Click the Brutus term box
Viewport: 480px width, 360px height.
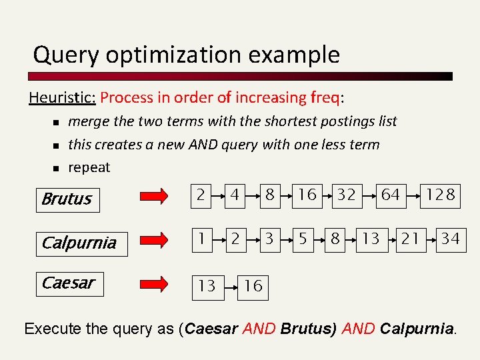pos(67,199)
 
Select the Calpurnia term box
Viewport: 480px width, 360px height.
pos(79,243)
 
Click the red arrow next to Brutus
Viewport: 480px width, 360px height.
pos(158,196)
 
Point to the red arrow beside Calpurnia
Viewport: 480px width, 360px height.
pos(158,239)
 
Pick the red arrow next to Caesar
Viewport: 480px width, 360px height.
pos(158,283)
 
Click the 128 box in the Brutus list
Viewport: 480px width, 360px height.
pos(440,195)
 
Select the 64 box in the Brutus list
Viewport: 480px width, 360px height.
pos(390,195)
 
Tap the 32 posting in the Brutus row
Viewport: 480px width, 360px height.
pos(345,195)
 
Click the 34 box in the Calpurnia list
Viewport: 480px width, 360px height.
pos(450,239)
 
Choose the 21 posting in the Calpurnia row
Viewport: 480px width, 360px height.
pos(410,239)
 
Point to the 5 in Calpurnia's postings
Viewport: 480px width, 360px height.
pos(303,239)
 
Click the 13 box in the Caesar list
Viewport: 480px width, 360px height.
pos(207,285)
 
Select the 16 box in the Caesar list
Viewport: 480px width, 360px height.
pos(252,285)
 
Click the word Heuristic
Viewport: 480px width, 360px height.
pos(62,98)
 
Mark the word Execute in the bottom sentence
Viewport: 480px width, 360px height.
pos(51,329)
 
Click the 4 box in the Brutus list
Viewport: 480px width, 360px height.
pos(235,195)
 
